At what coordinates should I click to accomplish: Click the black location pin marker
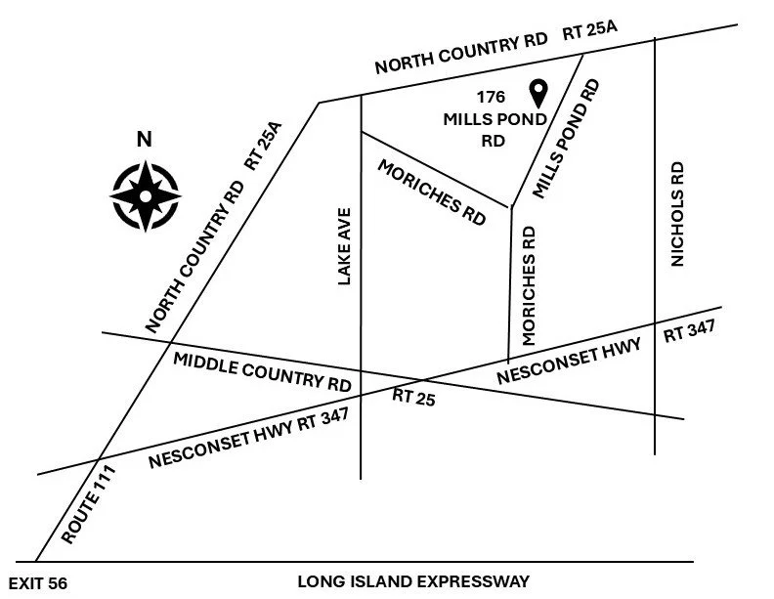[537, 94]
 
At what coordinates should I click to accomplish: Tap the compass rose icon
[145, 194]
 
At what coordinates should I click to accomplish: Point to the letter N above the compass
[144, 140]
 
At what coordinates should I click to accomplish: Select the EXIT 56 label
[36, 583]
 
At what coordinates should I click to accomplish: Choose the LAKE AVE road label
[343, 246]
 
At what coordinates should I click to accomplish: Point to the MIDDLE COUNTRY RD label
[261, 371]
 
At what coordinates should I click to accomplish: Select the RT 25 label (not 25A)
[412, 396]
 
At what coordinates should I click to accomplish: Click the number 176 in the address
[491, 98]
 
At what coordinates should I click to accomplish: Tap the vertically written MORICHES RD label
[530, 285]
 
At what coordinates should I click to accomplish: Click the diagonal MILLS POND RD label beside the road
[566, 139]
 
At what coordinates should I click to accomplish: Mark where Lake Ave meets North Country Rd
[362, 95]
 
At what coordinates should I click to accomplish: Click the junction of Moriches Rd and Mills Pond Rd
[511, 207]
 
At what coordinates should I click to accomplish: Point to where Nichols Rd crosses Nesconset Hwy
[655, 323]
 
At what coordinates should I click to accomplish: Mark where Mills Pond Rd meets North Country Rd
[584, 54]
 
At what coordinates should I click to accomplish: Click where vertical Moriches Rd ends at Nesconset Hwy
[508, 358]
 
